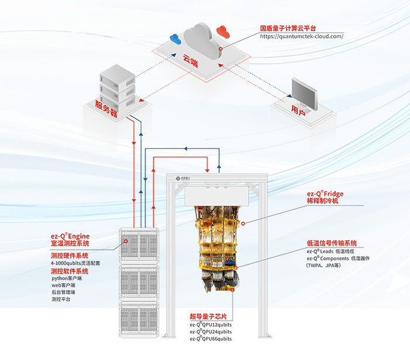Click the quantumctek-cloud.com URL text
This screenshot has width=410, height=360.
click(x=302, y=36)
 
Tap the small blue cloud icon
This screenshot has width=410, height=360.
click(x=176, y=39)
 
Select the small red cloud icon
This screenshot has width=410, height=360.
click(x=223, y=32)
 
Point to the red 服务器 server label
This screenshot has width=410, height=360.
click(x=106, y=108)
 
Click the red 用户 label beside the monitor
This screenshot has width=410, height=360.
click(x=298, y=110)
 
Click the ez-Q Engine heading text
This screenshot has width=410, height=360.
click(x=70, y=236)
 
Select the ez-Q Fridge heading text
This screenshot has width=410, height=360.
click(x=325, y=193)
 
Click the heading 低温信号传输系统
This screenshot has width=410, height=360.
click(x=332, y=243)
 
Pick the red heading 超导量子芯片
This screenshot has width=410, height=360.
click(x=208, y=316)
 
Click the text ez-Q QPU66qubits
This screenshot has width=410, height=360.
click(x=211, y=339)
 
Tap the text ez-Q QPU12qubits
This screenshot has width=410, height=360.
click(x=211, y=325)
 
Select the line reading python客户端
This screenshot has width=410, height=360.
click(x=67, y=279)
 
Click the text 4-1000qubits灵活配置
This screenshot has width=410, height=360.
click(x=76, y=263)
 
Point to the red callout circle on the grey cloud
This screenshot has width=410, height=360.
click(x=221, y=49)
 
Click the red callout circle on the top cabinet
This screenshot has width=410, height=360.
click(x=126, y=241)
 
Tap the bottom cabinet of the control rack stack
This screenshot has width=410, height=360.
click(x=139, y=320)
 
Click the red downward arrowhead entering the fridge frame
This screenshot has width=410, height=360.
click(x=207, y=171)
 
